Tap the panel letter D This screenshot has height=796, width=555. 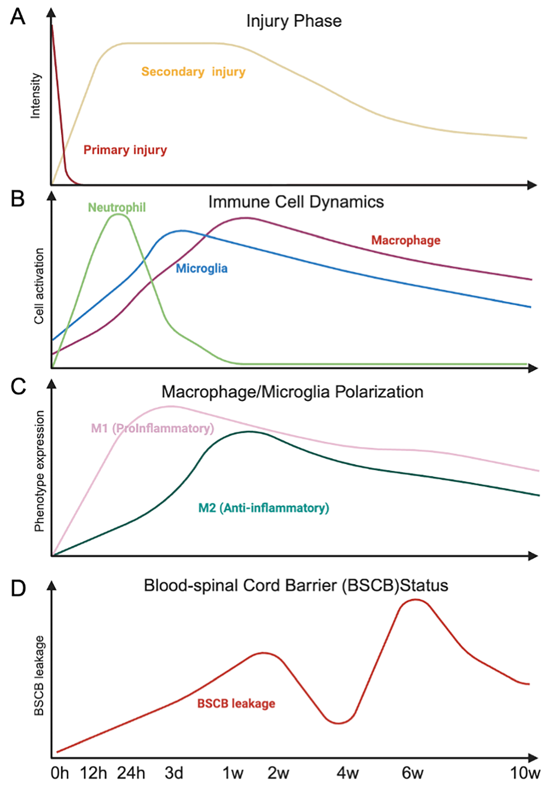pyautogui.click(x=18, y=588)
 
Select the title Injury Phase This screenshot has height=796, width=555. pyautogui.click(x=294, y=21)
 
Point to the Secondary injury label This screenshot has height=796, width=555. pyautogui.click(x=193, y=72)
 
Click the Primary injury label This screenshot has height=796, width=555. pyautogui.click(x=125, y=150)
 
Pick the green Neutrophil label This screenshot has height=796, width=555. pyautogui.click(x=117, y=207)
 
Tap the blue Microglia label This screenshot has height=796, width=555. pyautogui.click(x=201, y=268)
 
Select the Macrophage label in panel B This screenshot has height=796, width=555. pyautogui.click(x=406, y=240)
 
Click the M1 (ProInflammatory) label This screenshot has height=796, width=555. pyautogui.click(x=152, y=429)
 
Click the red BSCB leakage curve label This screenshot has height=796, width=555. pyautogui.click(x=236, y=703)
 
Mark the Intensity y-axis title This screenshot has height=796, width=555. pyautogui.click(x=36, y=96)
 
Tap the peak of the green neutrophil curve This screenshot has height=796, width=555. pyautogui.click(x=118, y=214)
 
